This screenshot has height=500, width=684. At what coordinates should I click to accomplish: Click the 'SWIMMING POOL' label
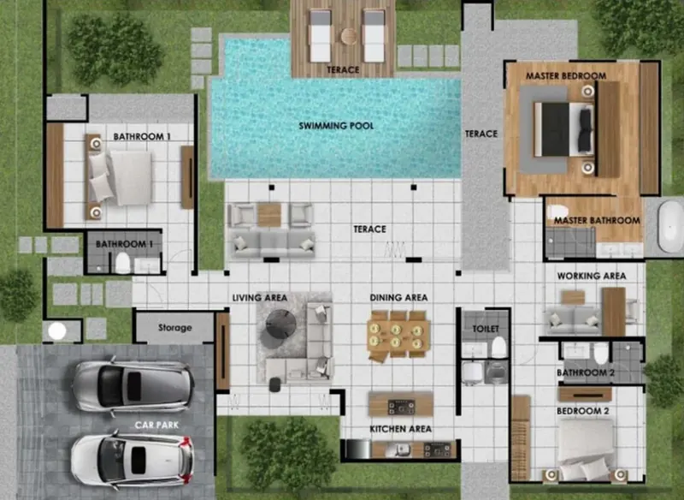pyautogui.click(x=336, y=126)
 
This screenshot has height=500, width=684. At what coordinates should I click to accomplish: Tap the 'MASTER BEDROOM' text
pyautogui.click(x=566, y=76)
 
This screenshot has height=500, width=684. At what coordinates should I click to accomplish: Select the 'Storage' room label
pyautogui.click(x=175, y=328)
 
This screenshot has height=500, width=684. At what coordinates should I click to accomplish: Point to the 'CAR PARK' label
pyautogui.click(x=156, y=425)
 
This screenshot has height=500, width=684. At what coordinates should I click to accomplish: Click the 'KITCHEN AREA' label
pyautogui.click(x=400, y=429)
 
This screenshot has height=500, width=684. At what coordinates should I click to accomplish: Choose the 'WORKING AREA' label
pyautogui.click(x=592, y=276)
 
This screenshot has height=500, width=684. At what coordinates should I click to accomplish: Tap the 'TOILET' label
pyautogui.click(x=486, y=329)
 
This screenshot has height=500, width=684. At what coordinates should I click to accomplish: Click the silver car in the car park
pyautogui.click(x=133, y=386)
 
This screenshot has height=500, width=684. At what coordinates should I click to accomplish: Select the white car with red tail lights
pyautogui.click(x=133, y=460)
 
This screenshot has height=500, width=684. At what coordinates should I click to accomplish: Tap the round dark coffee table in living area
pyautogui.click(x=281, y=324)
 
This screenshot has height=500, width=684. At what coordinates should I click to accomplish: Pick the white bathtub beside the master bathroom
pyautogui.click(x=670, y=226)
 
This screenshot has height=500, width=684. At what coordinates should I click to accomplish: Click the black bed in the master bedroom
pyautogui.click(x=563, y=129)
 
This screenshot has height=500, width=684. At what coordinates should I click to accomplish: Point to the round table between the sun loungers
pyautogui.click(x=349, y=36)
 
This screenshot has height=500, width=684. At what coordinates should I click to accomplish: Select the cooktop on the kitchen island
pyautogui.click(x=401, y=407)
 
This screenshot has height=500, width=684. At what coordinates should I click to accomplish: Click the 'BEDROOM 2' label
pyautogui.click(x=583, y=411)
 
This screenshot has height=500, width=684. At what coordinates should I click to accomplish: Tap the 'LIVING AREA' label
pyautogui.click(x=260, y=298)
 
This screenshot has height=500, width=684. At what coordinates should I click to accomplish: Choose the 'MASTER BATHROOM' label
pyautogui.click(x=597, y=221)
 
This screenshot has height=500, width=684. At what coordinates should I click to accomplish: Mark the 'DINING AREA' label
pyautogui.click(x=398, y=298)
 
